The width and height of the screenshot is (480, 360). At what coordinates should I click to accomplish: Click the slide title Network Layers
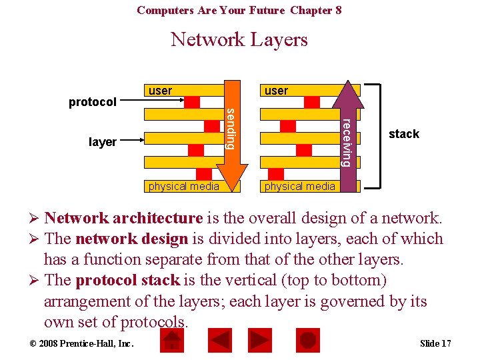click(x=239, y=40)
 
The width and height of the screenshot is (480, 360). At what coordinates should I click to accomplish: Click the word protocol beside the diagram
click(x=93, y=102)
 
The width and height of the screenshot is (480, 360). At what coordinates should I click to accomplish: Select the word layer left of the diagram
click(x=102, y=142)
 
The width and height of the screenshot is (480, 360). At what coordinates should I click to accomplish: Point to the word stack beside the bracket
click(x=404, y=134)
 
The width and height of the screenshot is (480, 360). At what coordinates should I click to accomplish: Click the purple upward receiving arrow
click(x=345, y=133)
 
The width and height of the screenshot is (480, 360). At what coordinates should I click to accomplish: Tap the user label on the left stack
click(x=160, y=91)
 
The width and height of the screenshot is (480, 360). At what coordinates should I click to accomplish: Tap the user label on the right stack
click(x=276, y=91)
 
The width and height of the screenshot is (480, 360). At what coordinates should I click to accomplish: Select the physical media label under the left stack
click(x=183, y=186)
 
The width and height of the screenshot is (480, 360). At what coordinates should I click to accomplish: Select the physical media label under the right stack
click(x=299, y=186)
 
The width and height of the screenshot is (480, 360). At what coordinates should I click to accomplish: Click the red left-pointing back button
click(x=219, y=341)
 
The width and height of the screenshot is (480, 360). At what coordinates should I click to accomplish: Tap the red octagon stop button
click(x=307, y=341)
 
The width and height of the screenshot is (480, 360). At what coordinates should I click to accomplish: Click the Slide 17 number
click(x=435, y=343)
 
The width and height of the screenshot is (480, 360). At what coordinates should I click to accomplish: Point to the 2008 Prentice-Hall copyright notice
click(x=72, y=343)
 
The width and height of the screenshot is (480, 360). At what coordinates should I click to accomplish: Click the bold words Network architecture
click(x=123, y=218)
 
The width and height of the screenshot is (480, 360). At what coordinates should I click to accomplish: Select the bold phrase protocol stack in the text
click(x=127, y=280)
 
